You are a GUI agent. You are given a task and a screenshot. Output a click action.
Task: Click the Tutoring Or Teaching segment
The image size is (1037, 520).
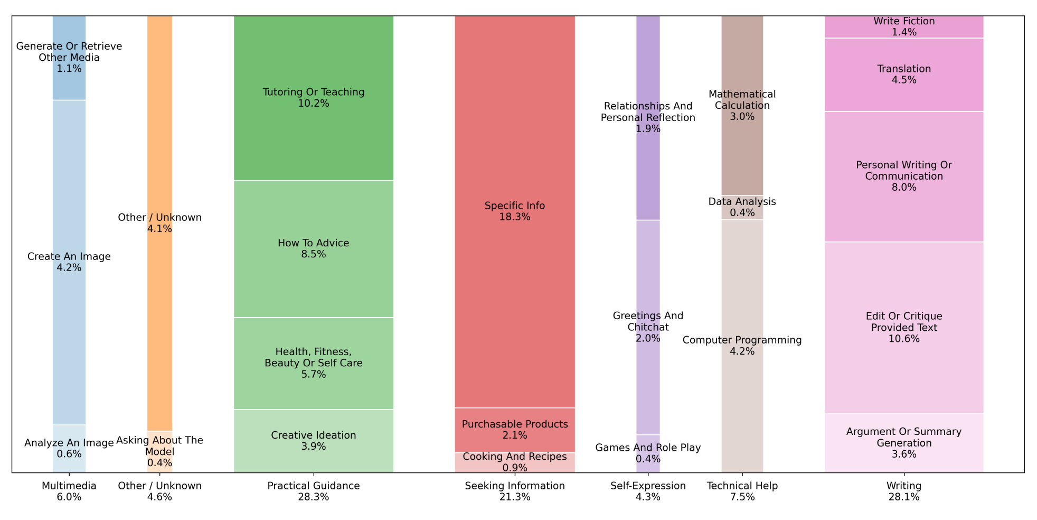pos(314,98)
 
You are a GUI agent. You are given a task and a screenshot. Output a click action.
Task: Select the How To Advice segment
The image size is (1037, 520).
pos(314,248)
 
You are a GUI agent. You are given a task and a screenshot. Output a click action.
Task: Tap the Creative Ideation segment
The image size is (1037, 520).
pos(314,441)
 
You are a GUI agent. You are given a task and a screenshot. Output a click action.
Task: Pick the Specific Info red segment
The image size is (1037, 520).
pos(515,211)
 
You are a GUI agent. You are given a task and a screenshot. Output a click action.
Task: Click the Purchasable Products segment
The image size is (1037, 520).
pos(515,430)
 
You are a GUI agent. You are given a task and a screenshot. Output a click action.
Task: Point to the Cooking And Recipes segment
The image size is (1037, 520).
pos(515,462)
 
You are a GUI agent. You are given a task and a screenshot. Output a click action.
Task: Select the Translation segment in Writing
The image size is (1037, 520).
pos(904,75)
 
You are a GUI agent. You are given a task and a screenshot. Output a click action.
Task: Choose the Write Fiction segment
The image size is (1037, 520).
pos(904,26)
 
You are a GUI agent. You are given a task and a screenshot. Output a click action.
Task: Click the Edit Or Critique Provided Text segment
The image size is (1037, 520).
pos(904,328)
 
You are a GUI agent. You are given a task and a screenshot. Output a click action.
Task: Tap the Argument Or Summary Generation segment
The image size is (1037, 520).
pos(904,443)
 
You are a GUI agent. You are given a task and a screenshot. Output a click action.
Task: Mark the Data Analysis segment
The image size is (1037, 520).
pos(742,207)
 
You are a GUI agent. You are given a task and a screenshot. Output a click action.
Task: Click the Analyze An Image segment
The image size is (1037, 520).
pos(69,449)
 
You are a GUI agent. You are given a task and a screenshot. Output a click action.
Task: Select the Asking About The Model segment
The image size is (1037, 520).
pos(159,452)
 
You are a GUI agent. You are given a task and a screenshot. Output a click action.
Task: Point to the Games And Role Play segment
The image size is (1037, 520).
pos(648,453)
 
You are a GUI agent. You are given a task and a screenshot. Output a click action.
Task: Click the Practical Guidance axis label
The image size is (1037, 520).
pos(314,486)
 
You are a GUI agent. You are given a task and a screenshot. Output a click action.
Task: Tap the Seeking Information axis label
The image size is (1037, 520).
pos(515,486)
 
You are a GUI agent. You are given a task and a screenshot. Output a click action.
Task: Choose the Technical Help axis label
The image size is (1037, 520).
pos(742,486)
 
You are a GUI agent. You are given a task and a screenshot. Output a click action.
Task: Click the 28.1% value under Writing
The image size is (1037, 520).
pos(904,497)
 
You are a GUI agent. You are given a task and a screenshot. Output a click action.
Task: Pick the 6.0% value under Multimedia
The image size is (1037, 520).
pos(69,497)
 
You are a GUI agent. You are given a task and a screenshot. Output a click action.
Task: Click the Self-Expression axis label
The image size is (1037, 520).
pos(648,486)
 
